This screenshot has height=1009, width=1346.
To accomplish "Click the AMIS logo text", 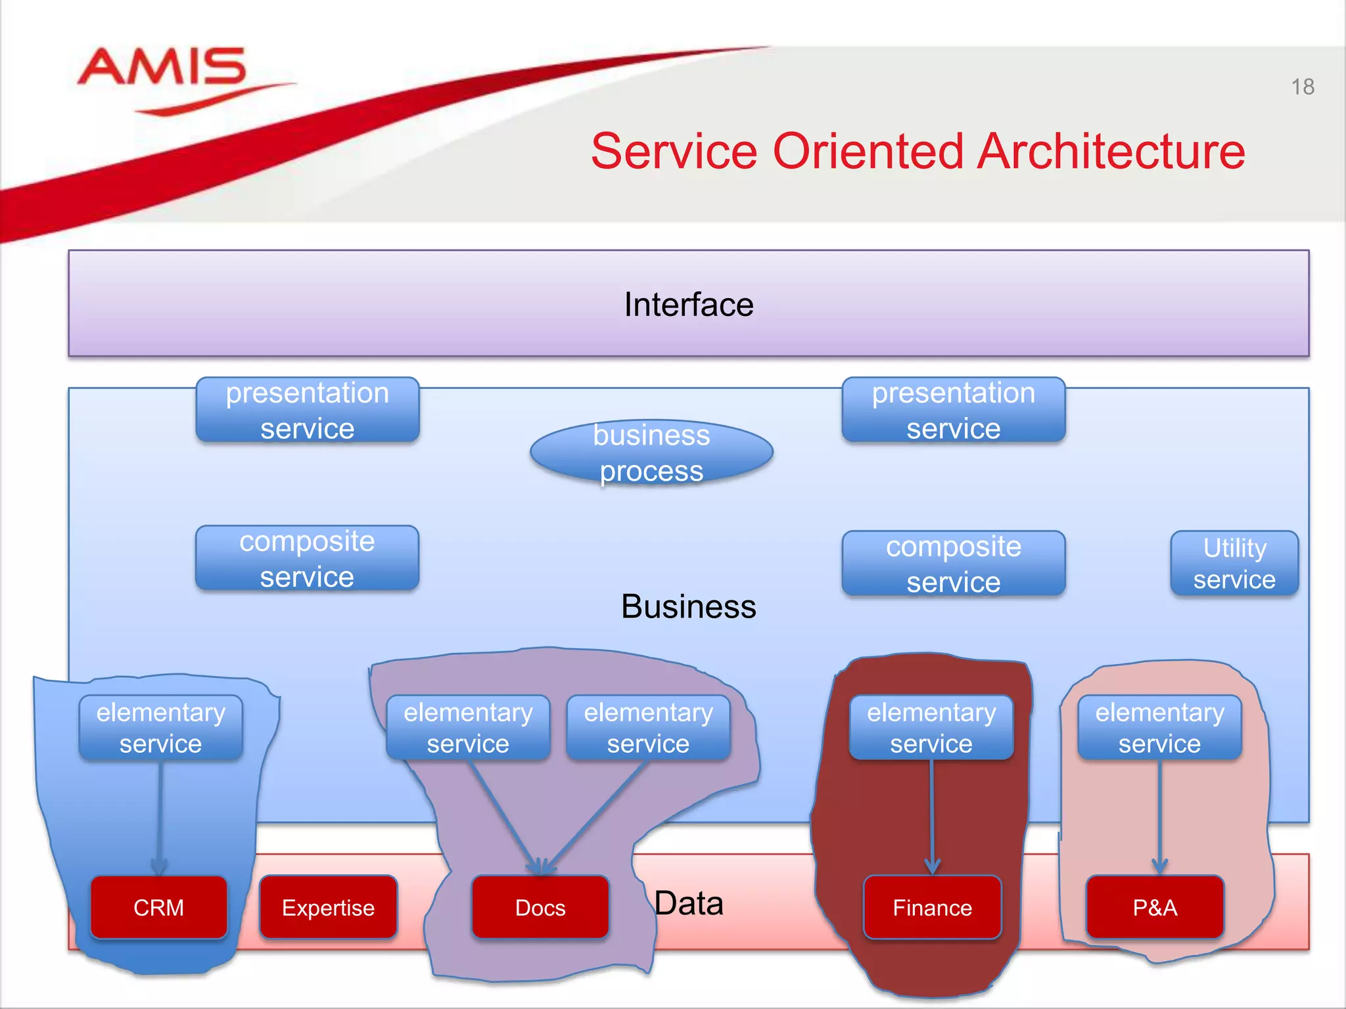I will tap(162, 67).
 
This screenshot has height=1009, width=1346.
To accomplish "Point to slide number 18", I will tap(1302, 87).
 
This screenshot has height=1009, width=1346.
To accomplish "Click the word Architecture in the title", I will tap(1110, 151).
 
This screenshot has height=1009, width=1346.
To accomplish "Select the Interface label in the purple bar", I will tap(688, 305).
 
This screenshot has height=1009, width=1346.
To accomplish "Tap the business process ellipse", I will tap(651, 453).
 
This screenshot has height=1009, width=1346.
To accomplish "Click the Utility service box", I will tap(1234, 564).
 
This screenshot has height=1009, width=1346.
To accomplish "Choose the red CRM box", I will tap(159, 907).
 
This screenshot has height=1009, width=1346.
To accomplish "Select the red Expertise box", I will tap(328, 907).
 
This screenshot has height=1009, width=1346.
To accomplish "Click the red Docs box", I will tap(540, 907).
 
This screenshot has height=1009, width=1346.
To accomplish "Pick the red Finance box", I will tap(932, 907).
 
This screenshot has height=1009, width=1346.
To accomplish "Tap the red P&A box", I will tap(1155, 907).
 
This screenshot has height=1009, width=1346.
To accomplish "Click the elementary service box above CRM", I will tap(161, 728).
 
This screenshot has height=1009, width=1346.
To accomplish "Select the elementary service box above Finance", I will tap(931, 728).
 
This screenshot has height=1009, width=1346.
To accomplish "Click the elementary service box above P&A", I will tap(1159, 728).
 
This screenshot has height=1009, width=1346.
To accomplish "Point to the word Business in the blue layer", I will tap(688, 606).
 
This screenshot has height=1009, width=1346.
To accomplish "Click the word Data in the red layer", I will tap(688, 903).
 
